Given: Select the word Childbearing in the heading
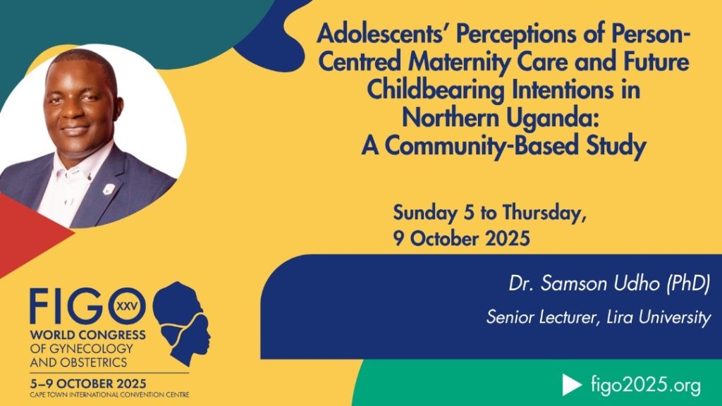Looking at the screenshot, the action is point(436,90).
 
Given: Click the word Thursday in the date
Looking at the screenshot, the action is point(544,214).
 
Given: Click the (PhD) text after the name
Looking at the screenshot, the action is point(688,283).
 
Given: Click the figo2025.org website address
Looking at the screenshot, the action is point(646,385).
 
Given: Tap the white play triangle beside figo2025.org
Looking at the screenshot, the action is point(571,385).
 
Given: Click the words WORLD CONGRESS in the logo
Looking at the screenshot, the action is point(88,335).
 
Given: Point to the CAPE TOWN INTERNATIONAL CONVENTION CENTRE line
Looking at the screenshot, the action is point(109,395).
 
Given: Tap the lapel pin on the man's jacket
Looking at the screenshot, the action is point(109,189).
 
